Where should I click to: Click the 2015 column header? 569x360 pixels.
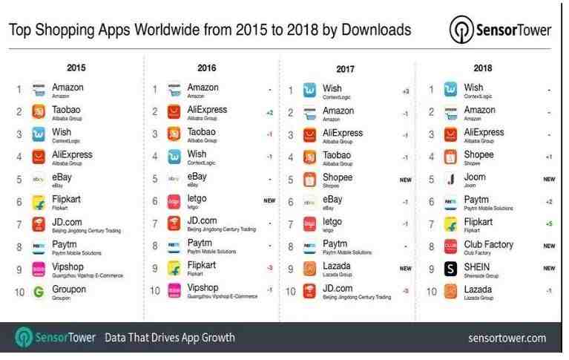click(76, 68)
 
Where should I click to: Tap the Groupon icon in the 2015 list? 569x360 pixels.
click(39, 292)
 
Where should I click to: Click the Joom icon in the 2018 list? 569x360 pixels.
click(450, 179)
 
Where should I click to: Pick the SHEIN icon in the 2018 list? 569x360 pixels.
click(450, 268)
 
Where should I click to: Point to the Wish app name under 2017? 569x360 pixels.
click(332, 88)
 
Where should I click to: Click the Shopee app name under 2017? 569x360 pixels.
click(338, 177)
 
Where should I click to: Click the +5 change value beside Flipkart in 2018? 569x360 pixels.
click(548, 223)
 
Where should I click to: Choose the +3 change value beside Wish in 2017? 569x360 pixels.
click(405, 91)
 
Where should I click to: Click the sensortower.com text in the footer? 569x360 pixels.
click(507, 338)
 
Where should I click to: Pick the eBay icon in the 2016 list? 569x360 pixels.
click(174, 179)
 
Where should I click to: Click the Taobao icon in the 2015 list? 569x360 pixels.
click(39, 111)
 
